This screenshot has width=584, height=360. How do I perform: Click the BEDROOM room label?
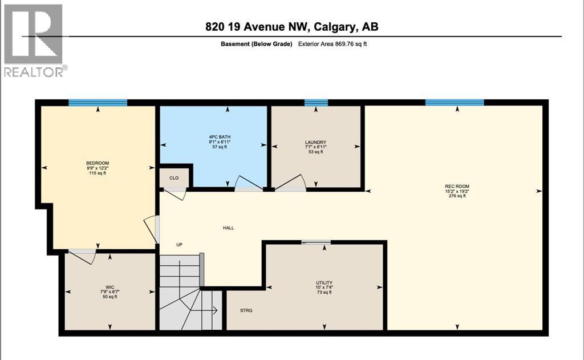96,163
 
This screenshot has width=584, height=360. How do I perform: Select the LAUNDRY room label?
315,142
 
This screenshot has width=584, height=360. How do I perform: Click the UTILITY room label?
324,283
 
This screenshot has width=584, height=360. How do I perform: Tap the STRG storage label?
246,310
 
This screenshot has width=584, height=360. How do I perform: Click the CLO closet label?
174,178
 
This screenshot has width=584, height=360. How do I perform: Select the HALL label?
228,228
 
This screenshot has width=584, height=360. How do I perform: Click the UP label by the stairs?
179,245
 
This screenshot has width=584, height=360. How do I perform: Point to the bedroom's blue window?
98,103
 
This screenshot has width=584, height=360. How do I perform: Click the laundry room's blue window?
316,103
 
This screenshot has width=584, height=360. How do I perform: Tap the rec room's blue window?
455,103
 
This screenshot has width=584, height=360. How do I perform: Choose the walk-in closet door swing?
83,256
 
